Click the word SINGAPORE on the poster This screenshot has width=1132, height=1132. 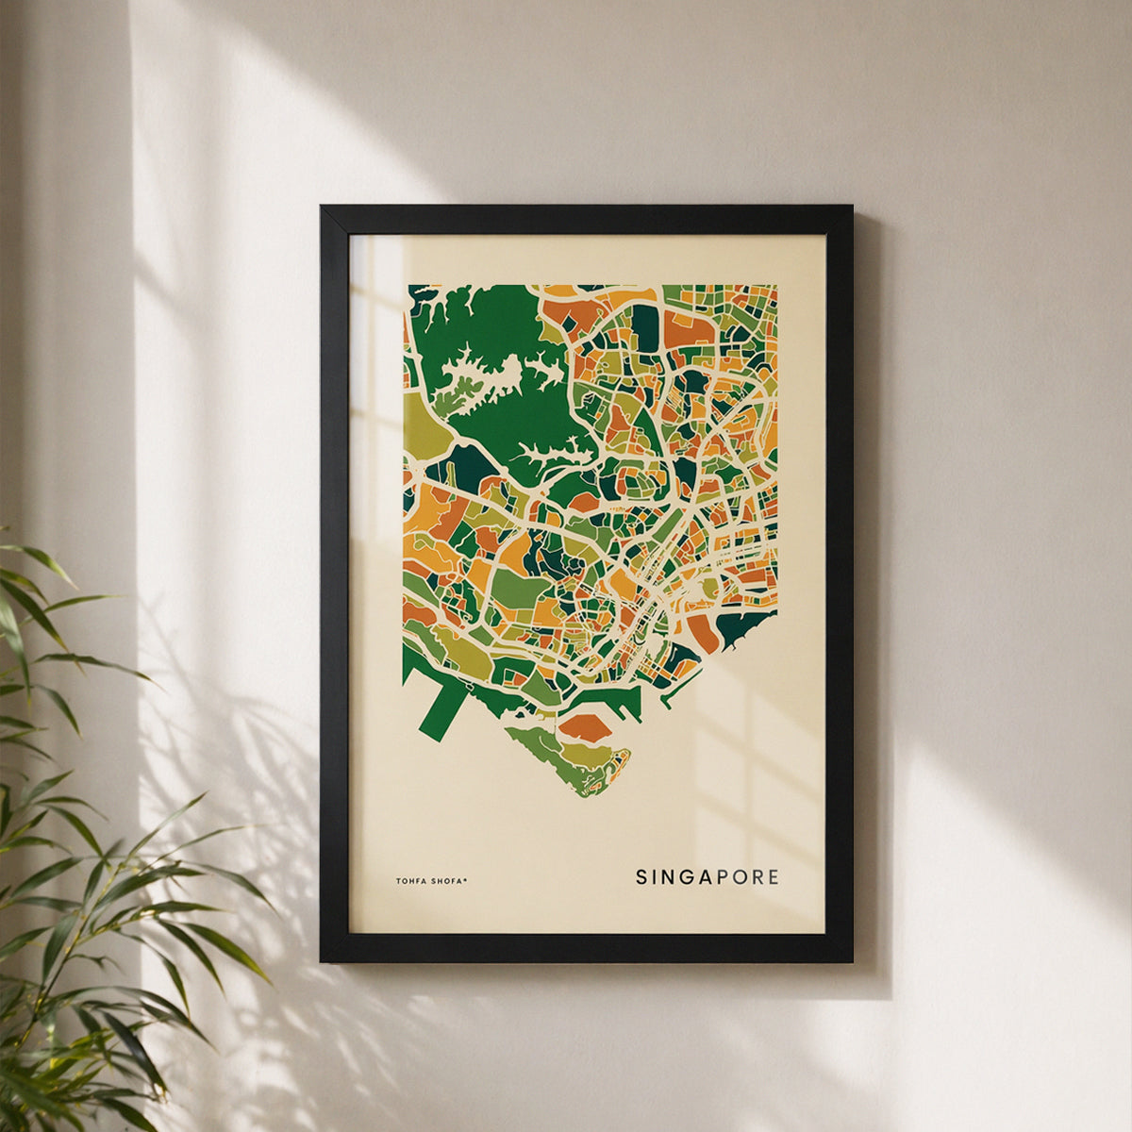(707, 877)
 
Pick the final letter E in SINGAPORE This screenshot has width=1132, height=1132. (774, 877)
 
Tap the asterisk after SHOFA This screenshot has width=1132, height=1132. (465, 880)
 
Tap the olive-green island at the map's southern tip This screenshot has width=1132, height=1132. (566, 759)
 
